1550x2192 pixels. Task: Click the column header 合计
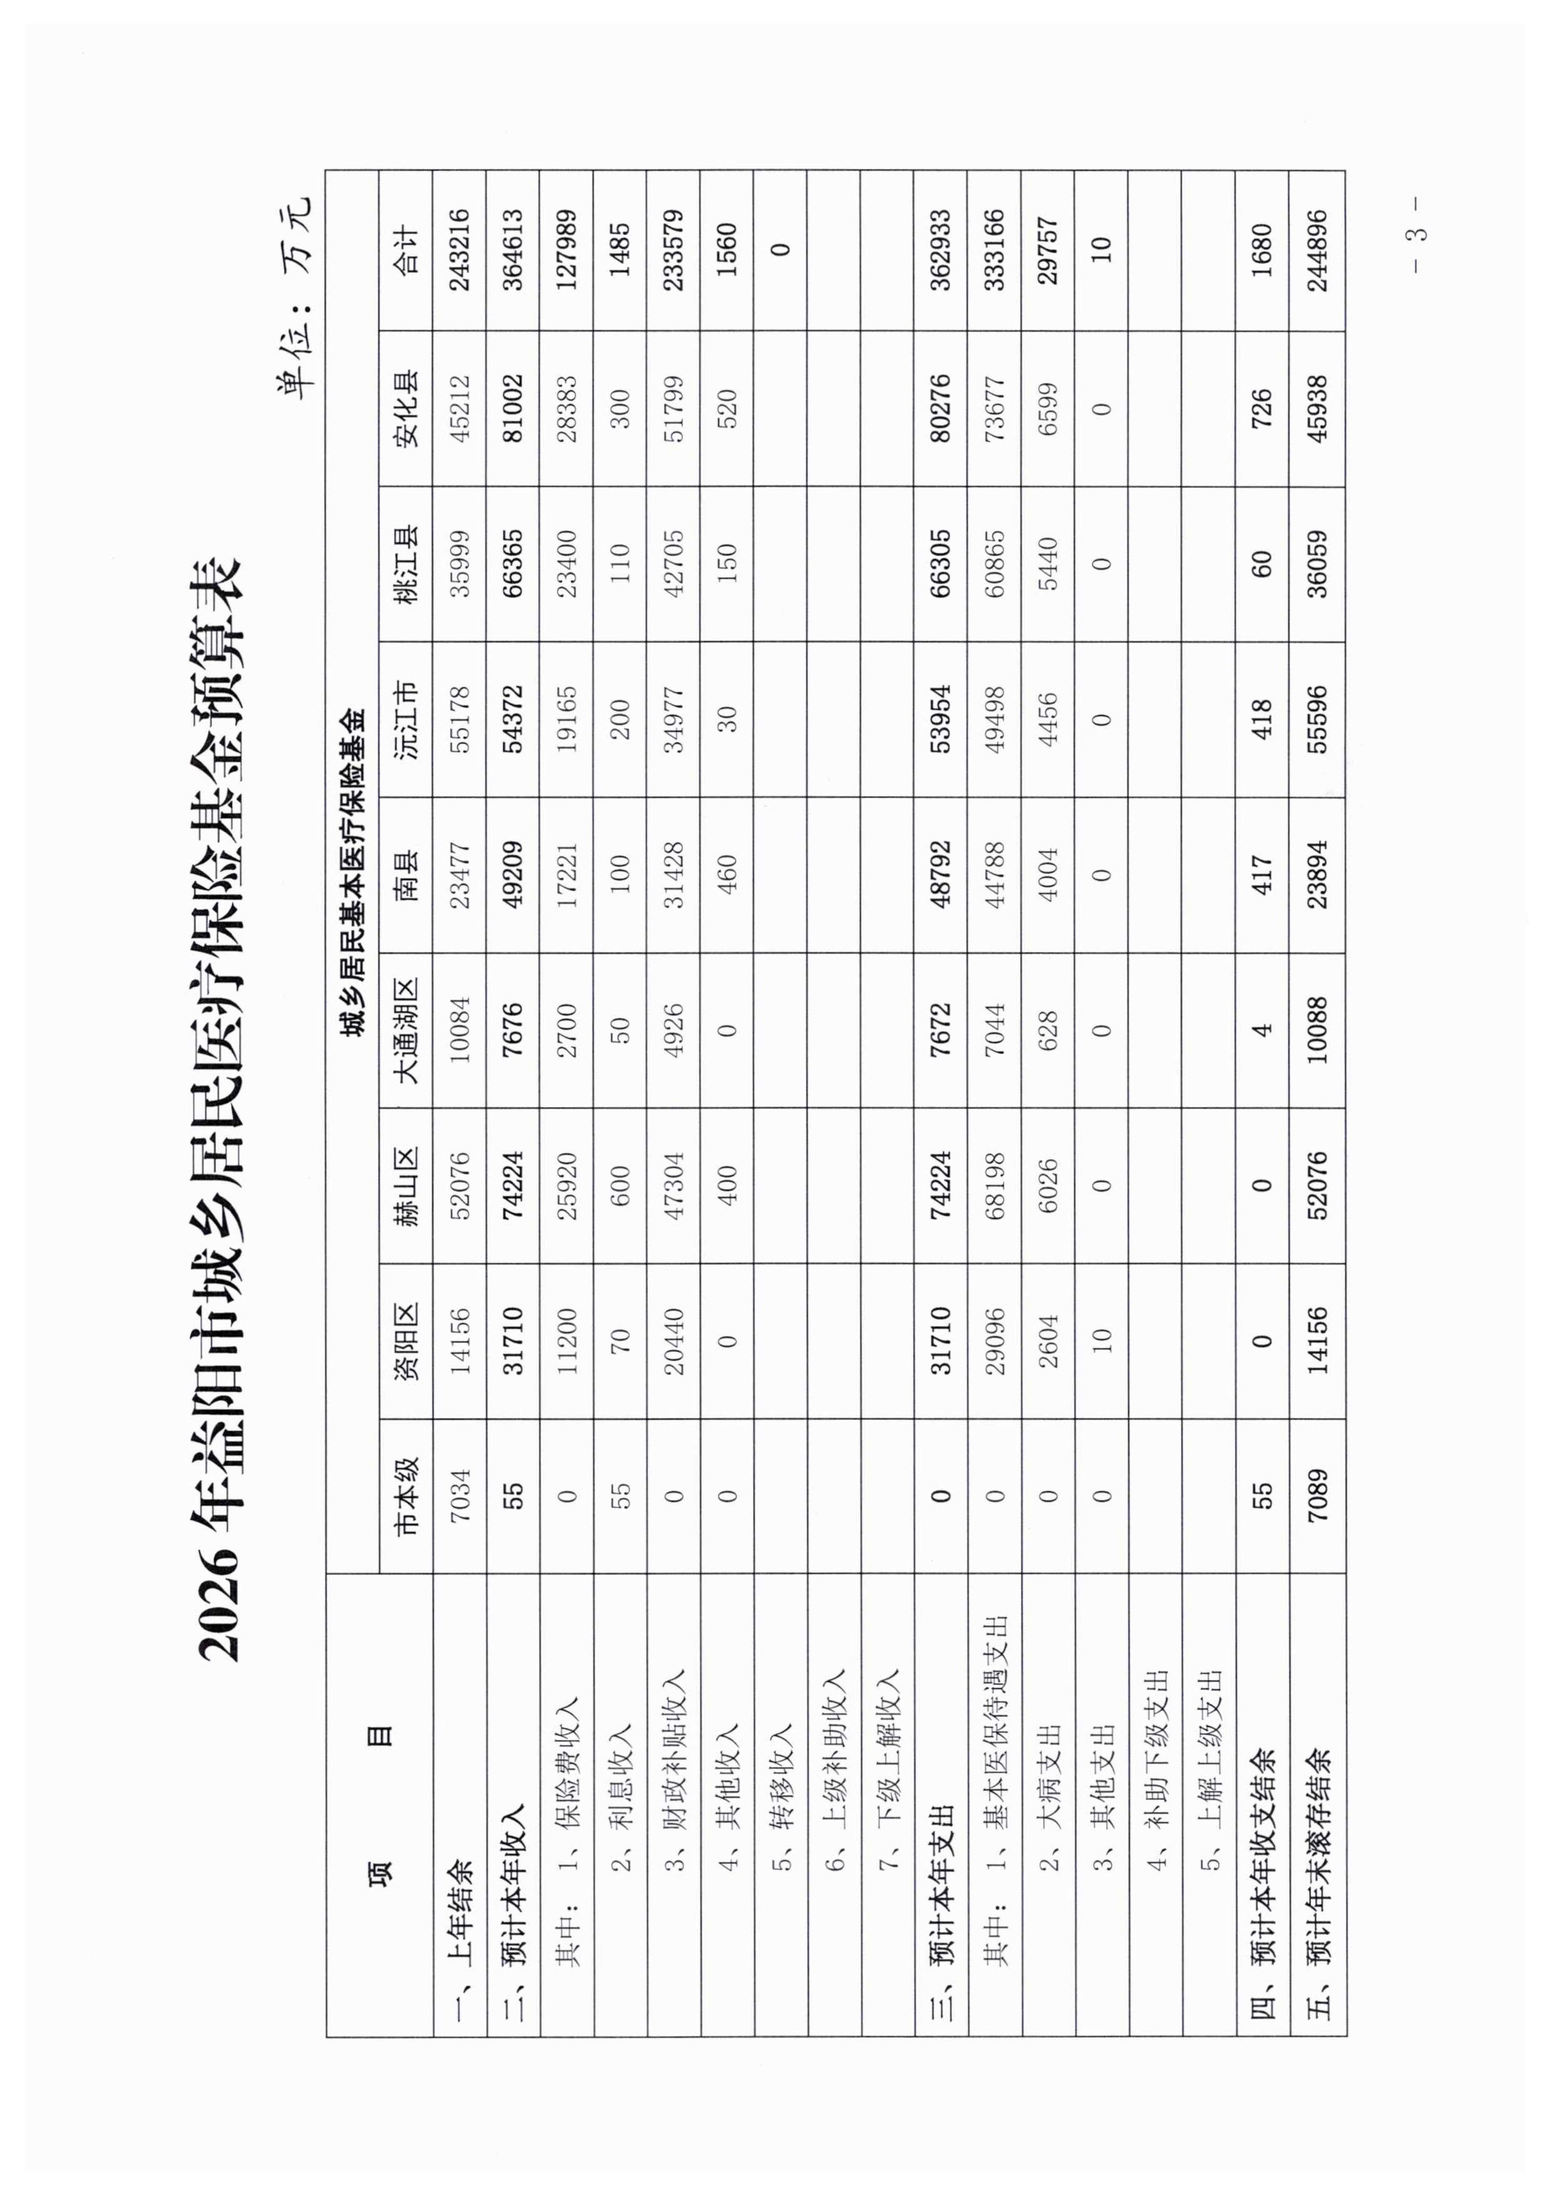click(405, 250)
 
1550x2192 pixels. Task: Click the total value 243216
click(459, 250)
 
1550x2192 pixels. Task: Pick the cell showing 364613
click(512, 250)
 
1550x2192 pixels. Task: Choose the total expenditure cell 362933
click(941, 250)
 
